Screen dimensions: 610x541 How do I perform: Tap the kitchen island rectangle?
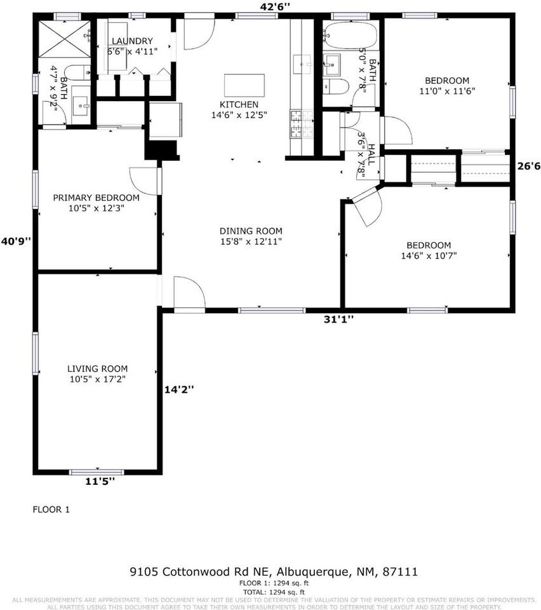coord(244,84)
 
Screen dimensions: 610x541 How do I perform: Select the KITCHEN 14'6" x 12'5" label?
coord(239,110)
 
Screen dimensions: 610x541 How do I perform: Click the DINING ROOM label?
coord(250,236)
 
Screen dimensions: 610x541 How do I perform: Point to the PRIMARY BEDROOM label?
coord(96,202)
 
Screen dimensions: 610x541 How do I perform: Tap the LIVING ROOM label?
coord(97,374)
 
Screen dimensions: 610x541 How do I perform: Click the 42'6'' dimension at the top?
coord(276,6)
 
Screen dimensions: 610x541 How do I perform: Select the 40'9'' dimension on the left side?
coord(16,241)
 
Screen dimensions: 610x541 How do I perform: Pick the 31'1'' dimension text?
coord(339,319)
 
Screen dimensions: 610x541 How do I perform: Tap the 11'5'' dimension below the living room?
coord(100,482)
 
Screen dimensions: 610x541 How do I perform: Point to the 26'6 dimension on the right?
coord(528,166)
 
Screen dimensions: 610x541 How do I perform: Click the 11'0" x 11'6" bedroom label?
coord(446,86)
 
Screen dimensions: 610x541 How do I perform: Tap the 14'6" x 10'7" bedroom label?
coord(429,250)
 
